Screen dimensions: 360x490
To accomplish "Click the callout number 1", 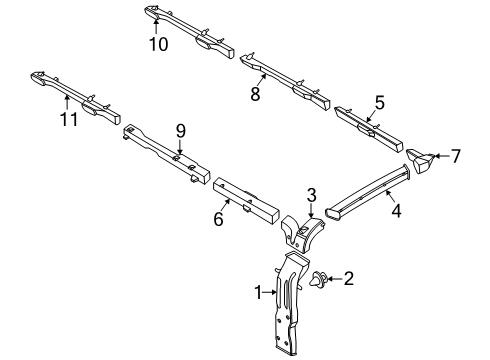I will pyautogui.click(x=259, y=292).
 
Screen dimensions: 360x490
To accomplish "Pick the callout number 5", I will pyautogui.click(x=379, y=101).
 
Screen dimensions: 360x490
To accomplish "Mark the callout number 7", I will pyautogui.click(x=456, y=156).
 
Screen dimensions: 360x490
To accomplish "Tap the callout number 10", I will pyautogui.click(x=156, y=43).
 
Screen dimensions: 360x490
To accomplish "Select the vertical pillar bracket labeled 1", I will pyautogui.click(x=289, y=300).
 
